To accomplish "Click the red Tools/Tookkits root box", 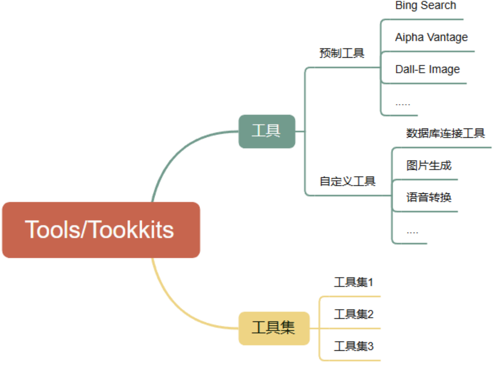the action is (x=101, y=230).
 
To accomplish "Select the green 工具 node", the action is (x=266, y=131).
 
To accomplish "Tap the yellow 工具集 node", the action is (x=274, y=328).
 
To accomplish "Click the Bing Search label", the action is (x=425, y=5).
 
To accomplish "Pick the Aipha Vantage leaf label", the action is (x=431, y=37).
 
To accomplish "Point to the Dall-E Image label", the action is (x=427, y=69).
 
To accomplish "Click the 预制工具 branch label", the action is (x=342, y=53).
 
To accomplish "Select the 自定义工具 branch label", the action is (x=347, y=181).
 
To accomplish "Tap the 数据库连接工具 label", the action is (x=445, y=133).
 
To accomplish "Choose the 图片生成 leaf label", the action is (x=429, y=165).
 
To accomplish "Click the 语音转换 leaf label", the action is (x=429, y=197).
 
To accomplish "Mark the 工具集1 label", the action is (x=354, y=282).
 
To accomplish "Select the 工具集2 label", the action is (x=354, y=314).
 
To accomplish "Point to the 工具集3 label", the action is (x=354, y=346).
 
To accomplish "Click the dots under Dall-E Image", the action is (x=402, y=104).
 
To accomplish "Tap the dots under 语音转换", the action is (x=412, y=233).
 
